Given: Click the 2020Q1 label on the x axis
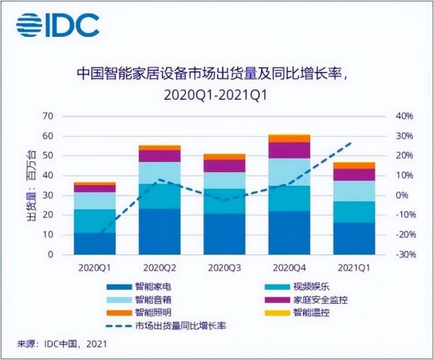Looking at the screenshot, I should pos(94,267).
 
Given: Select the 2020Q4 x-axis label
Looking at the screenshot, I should pos(289,267).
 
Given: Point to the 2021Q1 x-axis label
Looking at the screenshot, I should pos(354,267).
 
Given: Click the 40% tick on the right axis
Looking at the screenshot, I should pos(403,116).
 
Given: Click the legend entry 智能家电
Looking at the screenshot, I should pos(148,287).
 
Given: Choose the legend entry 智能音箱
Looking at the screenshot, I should pos(148,300).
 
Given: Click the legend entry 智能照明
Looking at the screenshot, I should pos(148,313).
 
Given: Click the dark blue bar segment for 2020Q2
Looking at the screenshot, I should pos(159,231).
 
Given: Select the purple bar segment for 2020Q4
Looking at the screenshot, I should pos(289,150).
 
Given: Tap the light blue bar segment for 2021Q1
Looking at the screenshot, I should pos(354,191).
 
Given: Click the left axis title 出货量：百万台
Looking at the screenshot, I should pos(30,185).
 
